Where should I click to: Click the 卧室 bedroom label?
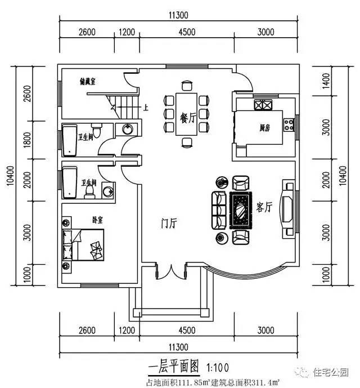(x=97, y=220)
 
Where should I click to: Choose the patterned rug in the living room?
(x=240, y=207)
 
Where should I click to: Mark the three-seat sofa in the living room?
(x=218, y=207)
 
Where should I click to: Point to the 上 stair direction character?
(x=146, y=106)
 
